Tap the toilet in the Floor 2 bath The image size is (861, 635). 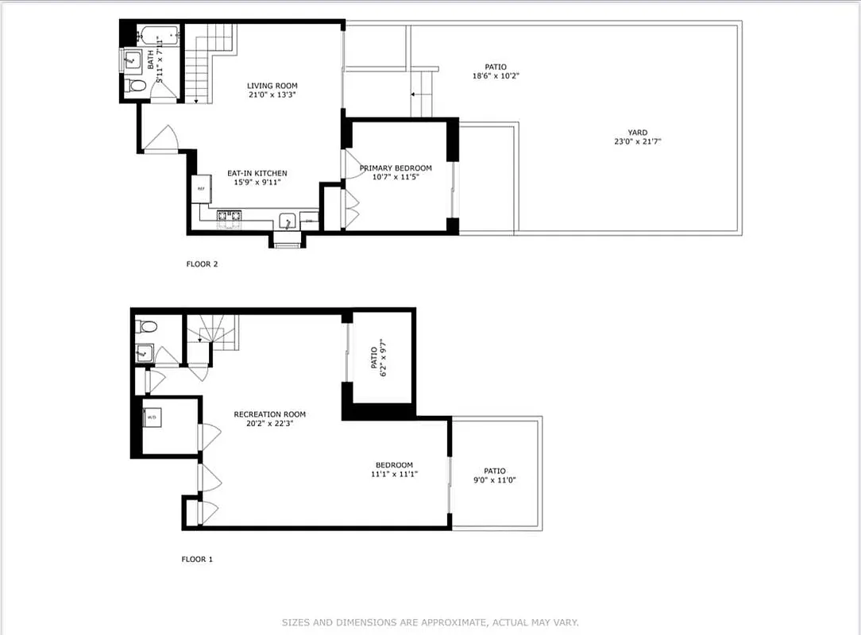tap(132, 86)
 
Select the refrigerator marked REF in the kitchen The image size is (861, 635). tap(200, 189)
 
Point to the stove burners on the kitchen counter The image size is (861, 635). tap(230, 214)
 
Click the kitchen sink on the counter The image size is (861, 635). tap(288, 220)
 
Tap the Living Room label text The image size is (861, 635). tap(272, 86)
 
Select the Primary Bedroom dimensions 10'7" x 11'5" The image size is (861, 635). tap(396, 177)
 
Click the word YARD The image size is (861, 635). tap(637, 133)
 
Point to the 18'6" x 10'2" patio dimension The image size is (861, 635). tap(496, 76)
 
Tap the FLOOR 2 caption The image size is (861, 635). tap(202, 264)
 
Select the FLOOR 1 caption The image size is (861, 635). tap(197, 559)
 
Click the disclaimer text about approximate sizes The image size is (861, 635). tap(430, 622)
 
